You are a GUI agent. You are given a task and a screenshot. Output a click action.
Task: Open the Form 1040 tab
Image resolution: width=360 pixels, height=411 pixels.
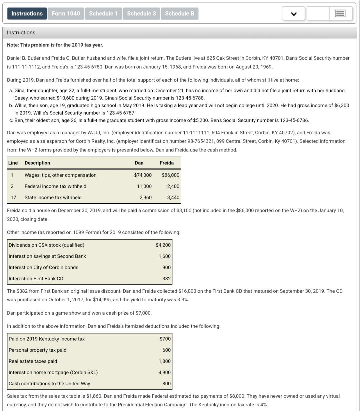(x=66, y=14)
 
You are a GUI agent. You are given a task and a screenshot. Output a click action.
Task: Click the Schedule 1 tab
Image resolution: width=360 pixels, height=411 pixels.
(x=103, y=14)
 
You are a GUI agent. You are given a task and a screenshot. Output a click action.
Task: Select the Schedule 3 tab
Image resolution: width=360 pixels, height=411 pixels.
(x=141, y=14)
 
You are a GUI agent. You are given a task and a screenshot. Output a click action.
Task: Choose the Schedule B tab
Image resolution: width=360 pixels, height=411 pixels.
(x=179, y=14)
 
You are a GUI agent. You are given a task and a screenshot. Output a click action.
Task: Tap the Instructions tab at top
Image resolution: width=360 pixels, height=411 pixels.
(x=27, y=14)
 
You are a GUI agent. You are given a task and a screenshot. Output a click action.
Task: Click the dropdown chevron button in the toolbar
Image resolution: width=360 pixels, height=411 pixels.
(x=293, y=14)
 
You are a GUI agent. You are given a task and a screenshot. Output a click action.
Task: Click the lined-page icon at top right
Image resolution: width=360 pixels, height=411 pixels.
(x=340, y=14)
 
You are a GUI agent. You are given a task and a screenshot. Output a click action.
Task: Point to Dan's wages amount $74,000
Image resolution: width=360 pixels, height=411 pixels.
(x=143, y=175)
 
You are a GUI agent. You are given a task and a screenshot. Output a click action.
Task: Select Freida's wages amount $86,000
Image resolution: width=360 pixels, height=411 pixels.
(x=170, y=175)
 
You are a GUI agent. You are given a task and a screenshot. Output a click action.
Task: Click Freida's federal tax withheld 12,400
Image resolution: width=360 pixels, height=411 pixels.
(x=172, y=186)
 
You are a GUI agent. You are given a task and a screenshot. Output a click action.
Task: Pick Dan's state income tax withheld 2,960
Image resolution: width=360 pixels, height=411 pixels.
(x=145, y=197)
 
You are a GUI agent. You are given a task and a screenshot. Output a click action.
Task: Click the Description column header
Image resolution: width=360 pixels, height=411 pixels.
(x=37, y=163)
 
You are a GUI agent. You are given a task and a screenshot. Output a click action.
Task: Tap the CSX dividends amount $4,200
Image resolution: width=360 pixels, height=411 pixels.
(x=163, y=245)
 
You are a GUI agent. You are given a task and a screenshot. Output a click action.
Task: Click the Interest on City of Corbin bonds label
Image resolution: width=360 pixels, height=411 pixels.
(x=43, y=267)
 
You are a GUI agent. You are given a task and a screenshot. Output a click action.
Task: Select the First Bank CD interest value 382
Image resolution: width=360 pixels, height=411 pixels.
(x=166, y=278)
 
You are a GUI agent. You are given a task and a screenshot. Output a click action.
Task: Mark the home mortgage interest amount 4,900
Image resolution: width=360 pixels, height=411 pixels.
(x=164, y=372)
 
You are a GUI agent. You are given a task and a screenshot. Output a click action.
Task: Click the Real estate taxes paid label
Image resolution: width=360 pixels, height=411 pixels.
(x=33, y=361)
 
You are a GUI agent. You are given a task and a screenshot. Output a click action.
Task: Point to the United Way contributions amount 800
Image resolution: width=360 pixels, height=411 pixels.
(x=166, y=383)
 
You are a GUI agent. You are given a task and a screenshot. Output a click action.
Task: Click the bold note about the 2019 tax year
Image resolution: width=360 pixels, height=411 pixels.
(x=55, y=45)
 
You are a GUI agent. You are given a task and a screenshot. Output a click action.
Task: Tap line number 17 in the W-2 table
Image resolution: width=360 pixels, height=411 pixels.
(x=13, y=197)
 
